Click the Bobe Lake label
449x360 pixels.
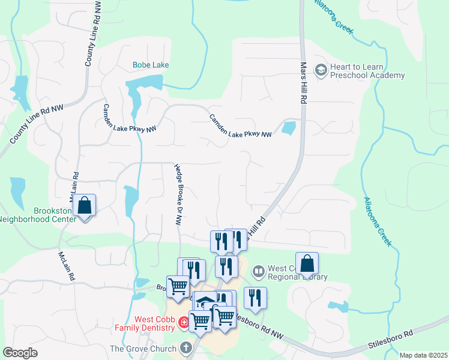(x=151, y=65)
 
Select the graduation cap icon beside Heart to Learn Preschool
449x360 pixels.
(x=321, y=71)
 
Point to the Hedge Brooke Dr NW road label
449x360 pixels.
(x=178, y=195)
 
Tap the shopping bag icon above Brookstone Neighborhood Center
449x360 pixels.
(x=85, y=206)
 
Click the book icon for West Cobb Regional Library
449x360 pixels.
(x=259, y=272)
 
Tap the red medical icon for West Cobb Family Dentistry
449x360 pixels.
(x=183, y=324)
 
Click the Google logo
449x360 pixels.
(x=20, y=352)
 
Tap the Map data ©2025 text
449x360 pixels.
(x=423, y=355)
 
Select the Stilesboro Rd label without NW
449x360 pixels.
(x=391, y=340)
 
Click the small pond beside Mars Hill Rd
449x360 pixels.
(x=289, y=128)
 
